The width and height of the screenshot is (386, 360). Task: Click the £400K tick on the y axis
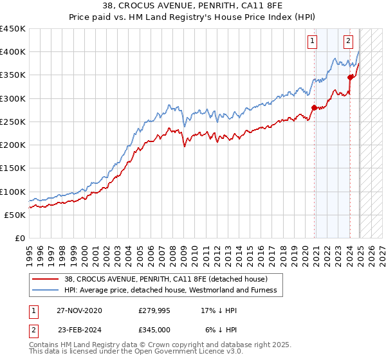(x=13, y=52)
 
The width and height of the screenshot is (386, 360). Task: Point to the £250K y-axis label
(x=13, y=122)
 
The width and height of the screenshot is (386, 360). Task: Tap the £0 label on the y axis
(x=19, y=238)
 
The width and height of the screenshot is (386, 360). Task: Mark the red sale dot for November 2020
(x=314, y=108)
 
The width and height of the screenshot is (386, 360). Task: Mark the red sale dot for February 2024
(x=350, y=77)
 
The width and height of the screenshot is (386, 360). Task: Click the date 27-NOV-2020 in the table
(x=79, y=310)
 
